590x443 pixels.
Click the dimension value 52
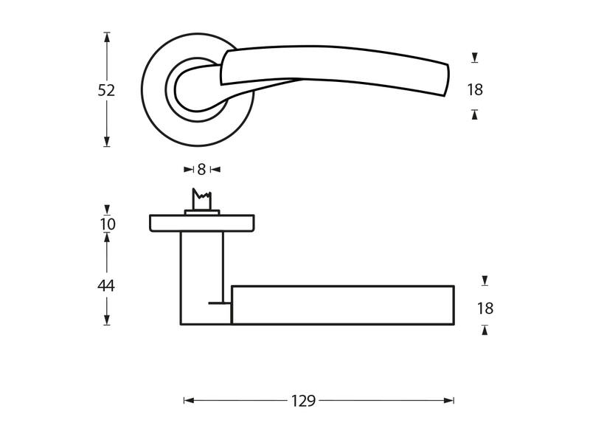coord(106,90)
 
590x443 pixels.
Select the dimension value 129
coord(303,401)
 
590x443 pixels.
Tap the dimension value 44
coord(106,286)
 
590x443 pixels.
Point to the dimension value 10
coord(108,224)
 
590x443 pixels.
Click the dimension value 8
coord(201,170)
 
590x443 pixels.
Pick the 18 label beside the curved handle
coord(475,90)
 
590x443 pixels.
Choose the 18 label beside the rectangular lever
coord(485,309)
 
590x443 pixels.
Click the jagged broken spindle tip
coord(201,194)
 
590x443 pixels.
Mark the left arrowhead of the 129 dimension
coord(189,400)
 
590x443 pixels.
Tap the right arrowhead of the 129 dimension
coord(449,400)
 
